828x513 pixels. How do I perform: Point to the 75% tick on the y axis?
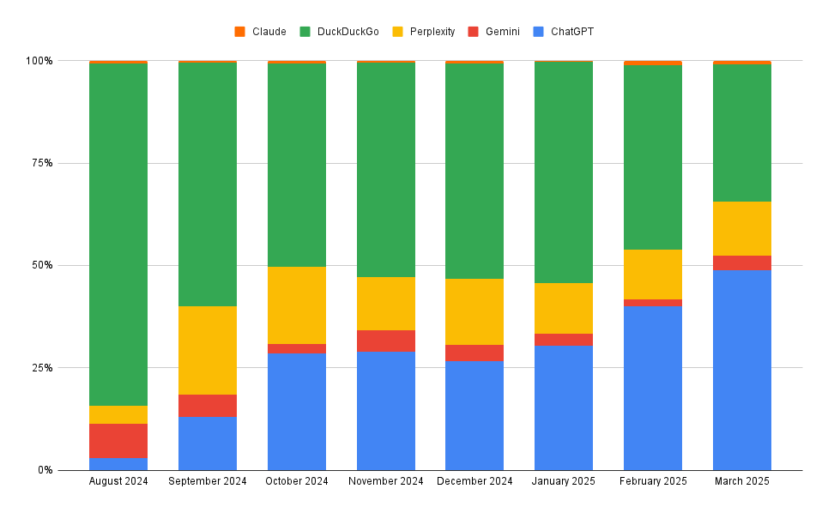[40, 163]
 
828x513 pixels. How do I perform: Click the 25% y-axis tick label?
[40, 368]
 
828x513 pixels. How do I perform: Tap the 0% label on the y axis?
[45, 470]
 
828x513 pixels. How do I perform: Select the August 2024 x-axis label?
[118, 481]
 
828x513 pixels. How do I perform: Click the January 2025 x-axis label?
[564, 481]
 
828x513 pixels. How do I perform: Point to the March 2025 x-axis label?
[742, 481]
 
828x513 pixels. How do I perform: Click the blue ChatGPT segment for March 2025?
[742, 370]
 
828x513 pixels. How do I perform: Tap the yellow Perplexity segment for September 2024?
[208, 350]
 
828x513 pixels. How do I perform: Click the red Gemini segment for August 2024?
[118, 440]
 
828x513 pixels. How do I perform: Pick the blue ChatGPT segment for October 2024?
[297, 411]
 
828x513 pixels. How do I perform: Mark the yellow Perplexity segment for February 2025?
[653, 275]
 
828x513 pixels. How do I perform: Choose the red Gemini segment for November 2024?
[386, 341]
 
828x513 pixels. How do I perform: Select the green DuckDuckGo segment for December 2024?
[474, 171]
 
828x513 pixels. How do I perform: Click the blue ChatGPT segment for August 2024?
[118, 463]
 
